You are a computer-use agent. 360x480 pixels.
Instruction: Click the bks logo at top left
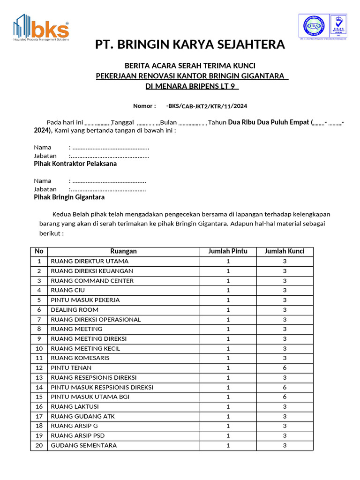tap(41, 27)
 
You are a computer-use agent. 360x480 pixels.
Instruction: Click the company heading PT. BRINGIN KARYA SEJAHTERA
tap(190, 45)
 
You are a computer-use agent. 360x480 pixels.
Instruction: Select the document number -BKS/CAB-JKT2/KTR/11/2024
tap(207, 106)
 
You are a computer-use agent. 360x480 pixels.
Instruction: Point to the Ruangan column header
tap(124, 251)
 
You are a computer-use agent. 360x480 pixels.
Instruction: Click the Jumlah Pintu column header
tap(228, 251)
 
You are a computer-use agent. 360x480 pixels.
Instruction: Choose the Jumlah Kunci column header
tap(285, 251)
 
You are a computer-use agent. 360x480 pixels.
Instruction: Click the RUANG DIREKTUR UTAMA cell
tap(90, 261)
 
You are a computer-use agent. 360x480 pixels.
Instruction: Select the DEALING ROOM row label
tap(75, 310)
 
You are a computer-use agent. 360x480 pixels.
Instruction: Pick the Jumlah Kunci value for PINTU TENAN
tap(285, 368)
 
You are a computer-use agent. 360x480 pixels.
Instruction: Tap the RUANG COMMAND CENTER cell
tap(92, 281)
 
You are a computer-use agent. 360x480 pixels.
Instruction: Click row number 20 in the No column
tap(39, 445)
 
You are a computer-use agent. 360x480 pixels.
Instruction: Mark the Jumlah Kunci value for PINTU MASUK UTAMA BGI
tap(285, 397)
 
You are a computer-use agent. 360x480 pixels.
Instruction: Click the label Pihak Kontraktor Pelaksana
tap(75, 164)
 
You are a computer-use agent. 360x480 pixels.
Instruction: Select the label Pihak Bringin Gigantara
tap(69, 198)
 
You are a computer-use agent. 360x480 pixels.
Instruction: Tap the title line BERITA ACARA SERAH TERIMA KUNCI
tap(189, 66)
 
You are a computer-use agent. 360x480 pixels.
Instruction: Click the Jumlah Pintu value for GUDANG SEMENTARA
tap(228, 445)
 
